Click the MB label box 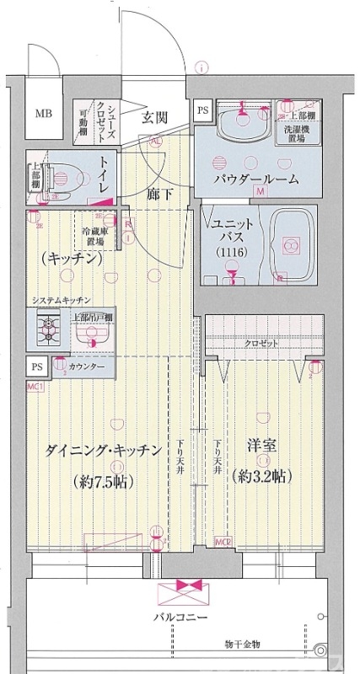click(41, 113)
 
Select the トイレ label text click(104, 174)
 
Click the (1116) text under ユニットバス click(228, 254)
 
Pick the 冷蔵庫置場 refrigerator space click(94, 236)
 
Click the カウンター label click(87, 367)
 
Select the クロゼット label click(263, 345)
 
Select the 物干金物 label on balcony click(242, 645)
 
